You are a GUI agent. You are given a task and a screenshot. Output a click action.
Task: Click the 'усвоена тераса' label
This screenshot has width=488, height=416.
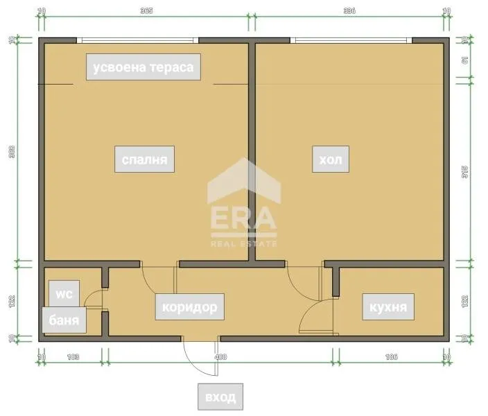click(143, 67)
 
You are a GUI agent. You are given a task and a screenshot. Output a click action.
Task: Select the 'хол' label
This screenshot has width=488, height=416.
click(329, 161)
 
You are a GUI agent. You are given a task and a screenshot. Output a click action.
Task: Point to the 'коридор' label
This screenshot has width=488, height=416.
click(189, 306)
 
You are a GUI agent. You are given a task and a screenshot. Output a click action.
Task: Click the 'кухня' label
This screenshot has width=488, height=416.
click(387, 306)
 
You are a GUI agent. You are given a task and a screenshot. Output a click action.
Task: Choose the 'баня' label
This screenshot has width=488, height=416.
click(64, 320)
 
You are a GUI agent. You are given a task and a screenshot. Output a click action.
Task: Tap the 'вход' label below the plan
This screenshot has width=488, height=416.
click(220, 397)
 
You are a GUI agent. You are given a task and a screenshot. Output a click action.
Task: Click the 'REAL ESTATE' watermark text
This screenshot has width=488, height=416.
click(244, 243)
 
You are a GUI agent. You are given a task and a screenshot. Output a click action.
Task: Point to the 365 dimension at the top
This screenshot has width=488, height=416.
click(146, 11)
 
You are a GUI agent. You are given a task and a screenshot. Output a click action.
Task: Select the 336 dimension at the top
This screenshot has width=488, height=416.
click(349, 11)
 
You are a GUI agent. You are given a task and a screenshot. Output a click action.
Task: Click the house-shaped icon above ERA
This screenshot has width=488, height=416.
click(244, 181)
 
